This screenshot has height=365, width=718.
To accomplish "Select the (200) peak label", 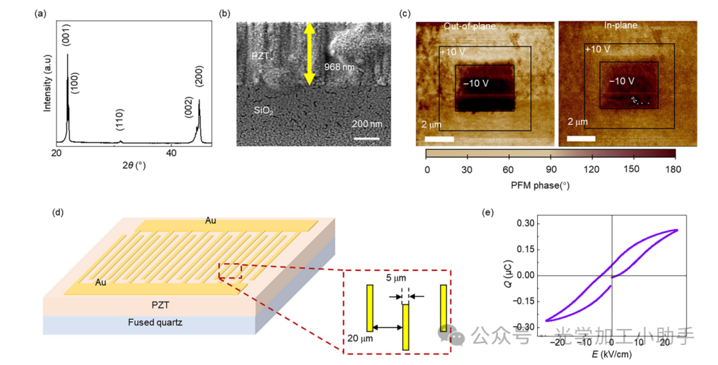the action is [x=199, y=77].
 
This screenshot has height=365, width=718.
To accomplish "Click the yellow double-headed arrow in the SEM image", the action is [x=309, y=54].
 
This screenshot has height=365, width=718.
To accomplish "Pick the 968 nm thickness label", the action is [x=338, y=67].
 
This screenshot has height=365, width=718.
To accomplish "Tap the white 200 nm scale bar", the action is [x=366, y=139].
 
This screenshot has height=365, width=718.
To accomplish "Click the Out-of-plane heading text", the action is [x=470, y=26].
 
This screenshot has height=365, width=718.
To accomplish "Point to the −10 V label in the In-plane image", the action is [x=622, y=81].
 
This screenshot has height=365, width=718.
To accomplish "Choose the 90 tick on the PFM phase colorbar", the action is [x=550, y=169].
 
